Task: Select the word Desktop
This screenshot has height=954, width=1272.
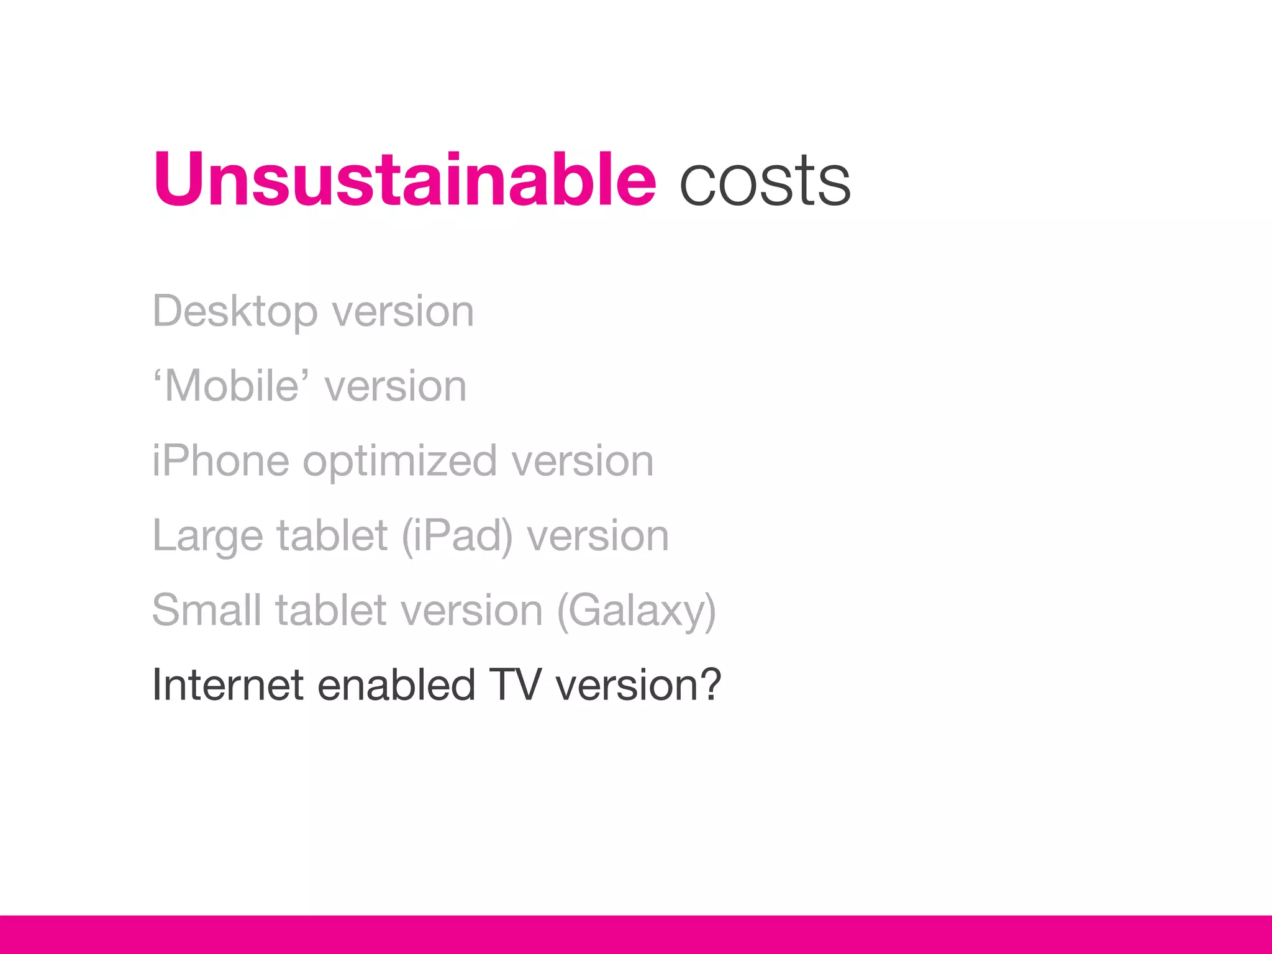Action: coord(235,312)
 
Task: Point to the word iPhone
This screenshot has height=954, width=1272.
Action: coord(220,461)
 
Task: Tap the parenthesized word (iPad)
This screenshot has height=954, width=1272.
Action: coord(457,536)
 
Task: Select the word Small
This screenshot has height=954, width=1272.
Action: coord(207,610)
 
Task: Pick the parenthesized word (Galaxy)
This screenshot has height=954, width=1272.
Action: coord(637,611)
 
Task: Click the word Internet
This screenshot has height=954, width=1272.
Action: coord(228,684)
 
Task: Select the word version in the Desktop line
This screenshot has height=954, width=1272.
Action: coord(403,312)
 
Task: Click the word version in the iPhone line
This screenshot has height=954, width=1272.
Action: coord(582,461)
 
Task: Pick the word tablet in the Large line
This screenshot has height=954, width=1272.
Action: coord(332,536)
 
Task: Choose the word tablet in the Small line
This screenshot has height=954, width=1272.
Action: coord(332,610)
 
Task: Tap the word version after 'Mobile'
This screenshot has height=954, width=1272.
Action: coord(396,386)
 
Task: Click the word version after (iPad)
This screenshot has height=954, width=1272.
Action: coord(597,536)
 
